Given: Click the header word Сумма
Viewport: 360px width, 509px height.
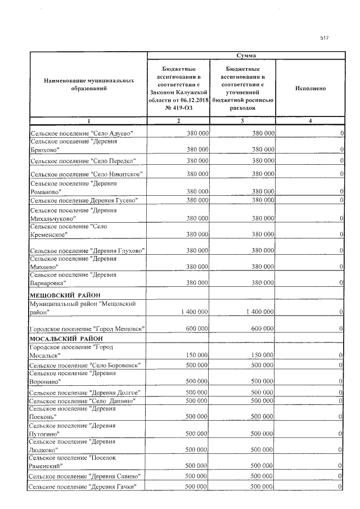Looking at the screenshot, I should [246, 56].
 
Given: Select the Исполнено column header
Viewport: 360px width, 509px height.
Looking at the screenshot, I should [310, 88].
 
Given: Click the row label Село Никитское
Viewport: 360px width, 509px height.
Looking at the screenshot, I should [87, 174].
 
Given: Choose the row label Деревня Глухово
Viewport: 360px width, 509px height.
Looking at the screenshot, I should [87, 250].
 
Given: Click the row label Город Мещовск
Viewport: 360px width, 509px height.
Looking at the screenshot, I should [87, 328].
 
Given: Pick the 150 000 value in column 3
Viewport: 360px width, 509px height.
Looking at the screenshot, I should [263, 355].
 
